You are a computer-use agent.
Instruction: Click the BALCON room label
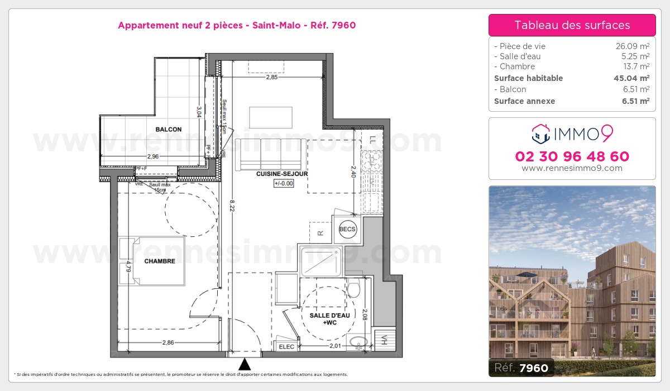click(x=168, y=130)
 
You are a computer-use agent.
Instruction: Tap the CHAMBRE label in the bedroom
click(x=160, y=261)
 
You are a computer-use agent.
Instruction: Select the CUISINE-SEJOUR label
click(x=282, y=174)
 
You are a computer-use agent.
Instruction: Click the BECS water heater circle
click(x=347, y=229)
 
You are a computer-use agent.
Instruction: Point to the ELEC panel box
click(x=287, y=346)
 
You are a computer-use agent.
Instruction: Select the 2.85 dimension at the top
click(x=271, y=78)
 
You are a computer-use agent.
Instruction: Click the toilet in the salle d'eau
click(x=353, y=290)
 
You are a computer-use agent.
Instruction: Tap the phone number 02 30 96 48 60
click(x=572, y=156)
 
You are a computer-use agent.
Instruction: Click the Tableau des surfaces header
click(x=572, y=25)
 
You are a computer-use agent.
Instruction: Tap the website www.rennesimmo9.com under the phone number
click(x=572, y=168)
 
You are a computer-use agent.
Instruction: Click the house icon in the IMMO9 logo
click(x=540, y=133)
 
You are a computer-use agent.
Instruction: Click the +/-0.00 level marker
click(x=284, y=183)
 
